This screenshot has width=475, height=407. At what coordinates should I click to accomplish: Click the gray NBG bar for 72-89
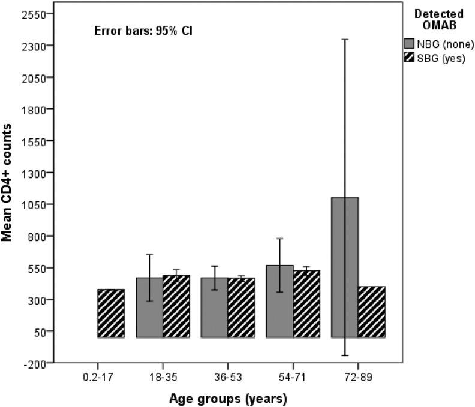coord(344,267)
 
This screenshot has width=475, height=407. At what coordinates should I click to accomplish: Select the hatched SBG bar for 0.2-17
coord(111,313)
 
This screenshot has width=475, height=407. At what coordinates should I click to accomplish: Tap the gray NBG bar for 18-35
coord(149,307)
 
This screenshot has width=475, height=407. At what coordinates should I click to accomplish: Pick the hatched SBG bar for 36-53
coord(241,307)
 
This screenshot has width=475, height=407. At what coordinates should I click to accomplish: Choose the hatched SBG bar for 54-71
coord(306,304)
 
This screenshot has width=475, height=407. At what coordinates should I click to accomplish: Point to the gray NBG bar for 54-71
coord(279,301)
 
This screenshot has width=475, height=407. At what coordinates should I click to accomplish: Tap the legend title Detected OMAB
coord(440,20)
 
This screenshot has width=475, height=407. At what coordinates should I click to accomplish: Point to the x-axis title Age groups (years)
coord(228,397)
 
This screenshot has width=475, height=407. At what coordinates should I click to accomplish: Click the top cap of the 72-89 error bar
coord(344,40)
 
